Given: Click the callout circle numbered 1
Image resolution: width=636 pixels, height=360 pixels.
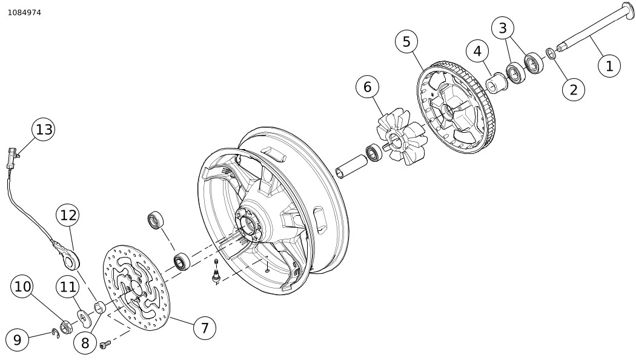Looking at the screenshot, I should pyautogui.click(x=609, y=65).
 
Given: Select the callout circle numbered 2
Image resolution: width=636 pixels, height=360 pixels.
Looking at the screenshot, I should pyautogui.click(x=573, y=90).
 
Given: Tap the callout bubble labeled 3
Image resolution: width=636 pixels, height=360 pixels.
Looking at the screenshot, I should pyautogui.click(x=502, y=28).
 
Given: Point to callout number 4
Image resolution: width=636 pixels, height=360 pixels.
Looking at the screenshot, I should pyautogui.click(x=477, y=52).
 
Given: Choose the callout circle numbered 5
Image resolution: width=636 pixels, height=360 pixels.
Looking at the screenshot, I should pyautogui.click(x=406, y=41).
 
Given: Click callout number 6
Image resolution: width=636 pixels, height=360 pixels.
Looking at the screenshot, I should pyautogui.click(x=367, y=87).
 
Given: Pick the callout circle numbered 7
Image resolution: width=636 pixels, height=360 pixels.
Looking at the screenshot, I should pyautogui.click(x=205, y=328).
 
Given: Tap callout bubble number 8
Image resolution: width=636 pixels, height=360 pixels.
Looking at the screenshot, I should pyautogui.click(x=85, y=342).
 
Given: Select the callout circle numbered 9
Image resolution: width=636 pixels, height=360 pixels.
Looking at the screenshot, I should pyautogui.click(x=17, y=340).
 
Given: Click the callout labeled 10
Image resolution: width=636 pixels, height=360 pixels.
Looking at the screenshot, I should pyautogui.click(x=22, y=287).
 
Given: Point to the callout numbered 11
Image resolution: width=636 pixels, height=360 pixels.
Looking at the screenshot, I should pyautogui.click(x=68, y=287).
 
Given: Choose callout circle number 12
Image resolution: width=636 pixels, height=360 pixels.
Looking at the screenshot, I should pyautogui.click(x=68, y=215).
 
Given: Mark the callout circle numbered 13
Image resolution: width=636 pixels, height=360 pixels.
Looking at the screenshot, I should pyautogui.click(x=44, y=129).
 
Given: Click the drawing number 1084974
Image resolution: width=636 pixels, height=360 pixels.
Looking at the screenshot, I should pyautogui.click(x=24, y=12).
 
